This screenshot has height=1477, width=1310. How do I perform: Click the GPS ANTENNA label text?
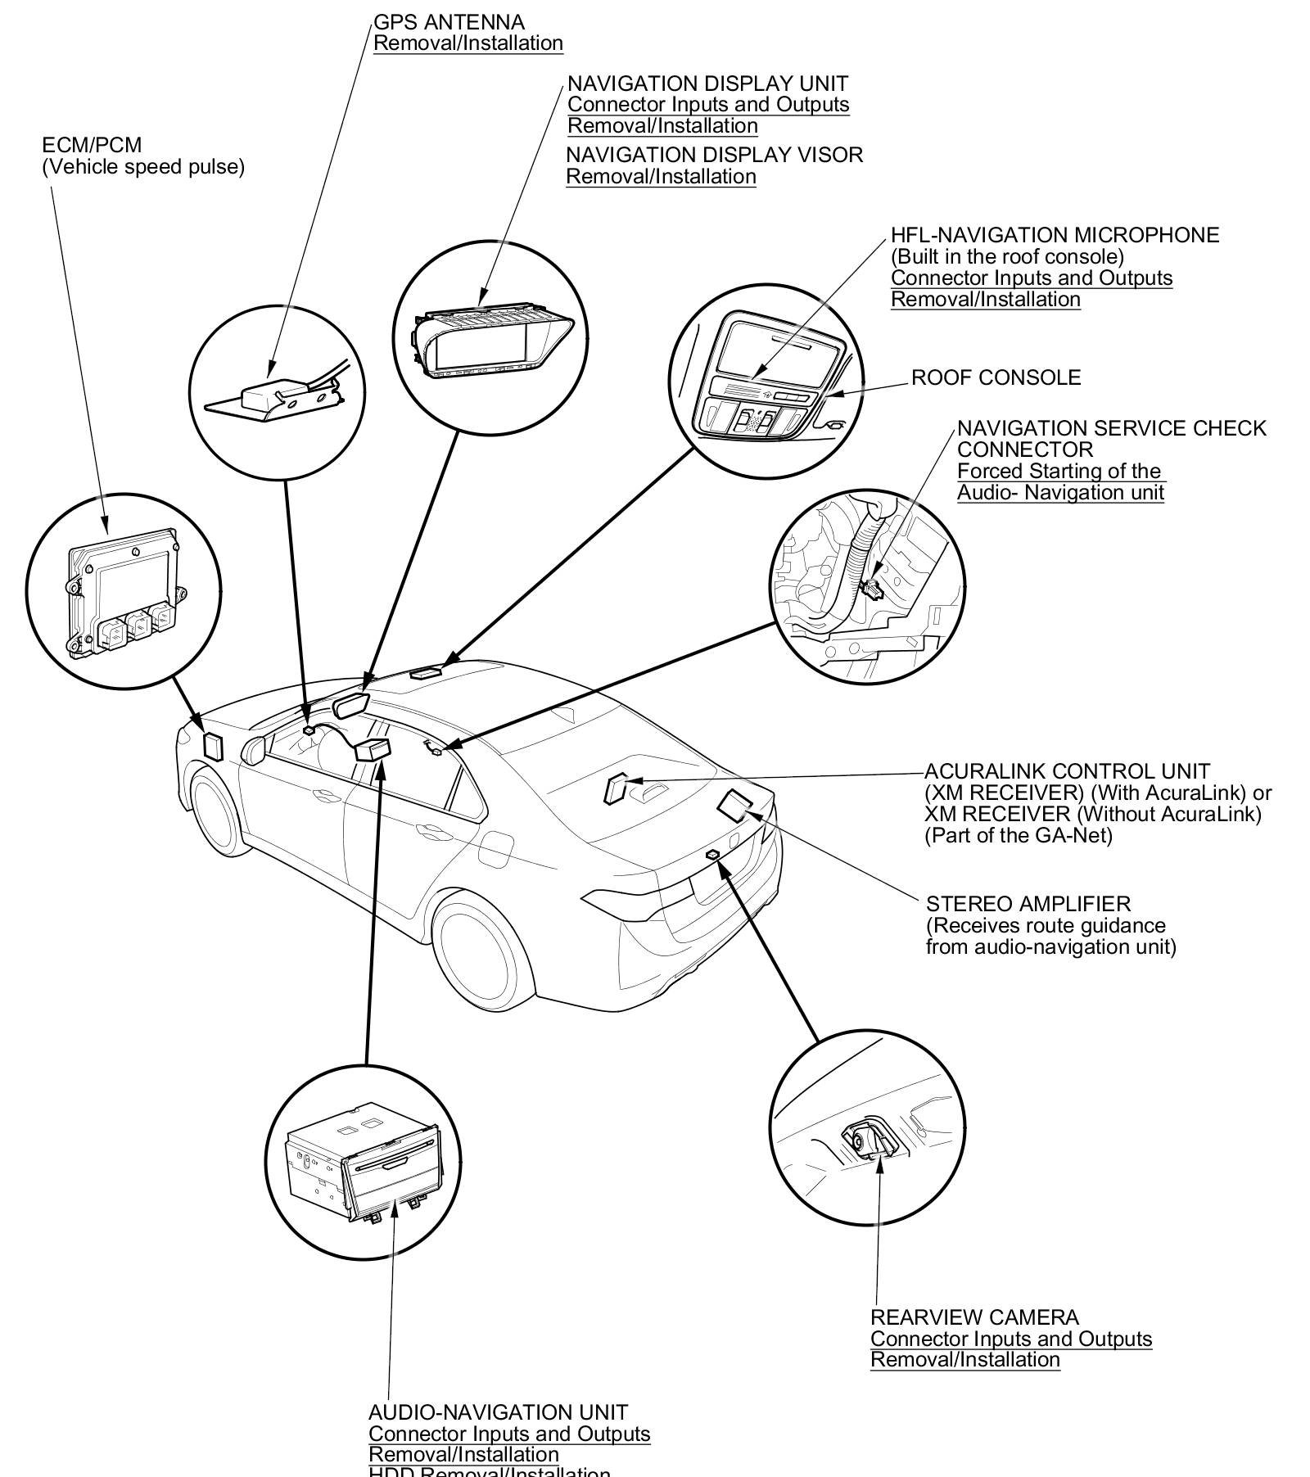[449, 22]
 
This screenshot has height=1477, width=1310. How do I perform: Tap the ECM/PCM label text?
[92, 146]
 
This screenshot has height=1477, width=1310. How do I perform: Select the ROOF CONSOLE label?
[996, 377]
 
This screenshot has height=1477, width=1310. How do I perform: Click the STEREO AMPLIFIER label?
[1028, 904]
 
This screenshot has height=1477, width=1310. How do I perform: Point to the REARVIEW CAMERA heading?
[973, 1317]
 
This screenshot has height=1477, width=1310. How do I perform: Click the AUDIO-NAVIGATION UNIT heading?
[498, 1412]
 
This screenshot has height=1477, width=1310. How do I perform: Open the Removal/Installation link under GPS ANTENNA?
[468, 43]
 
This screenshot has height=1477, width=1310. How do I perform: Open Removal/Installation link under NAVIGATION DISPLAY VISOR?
[661, 177]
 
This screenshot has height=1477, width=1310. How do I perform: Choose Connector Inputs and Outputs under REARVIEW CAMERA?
[1010, 1339]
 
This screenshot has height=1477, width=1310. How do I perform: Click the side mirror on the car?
[253, 748]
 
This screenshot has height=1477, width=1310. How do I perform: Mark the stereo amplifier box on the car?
[734, 804]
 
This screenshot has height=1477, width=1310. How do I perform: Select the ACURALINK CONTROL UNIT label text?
[1066, 771]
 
